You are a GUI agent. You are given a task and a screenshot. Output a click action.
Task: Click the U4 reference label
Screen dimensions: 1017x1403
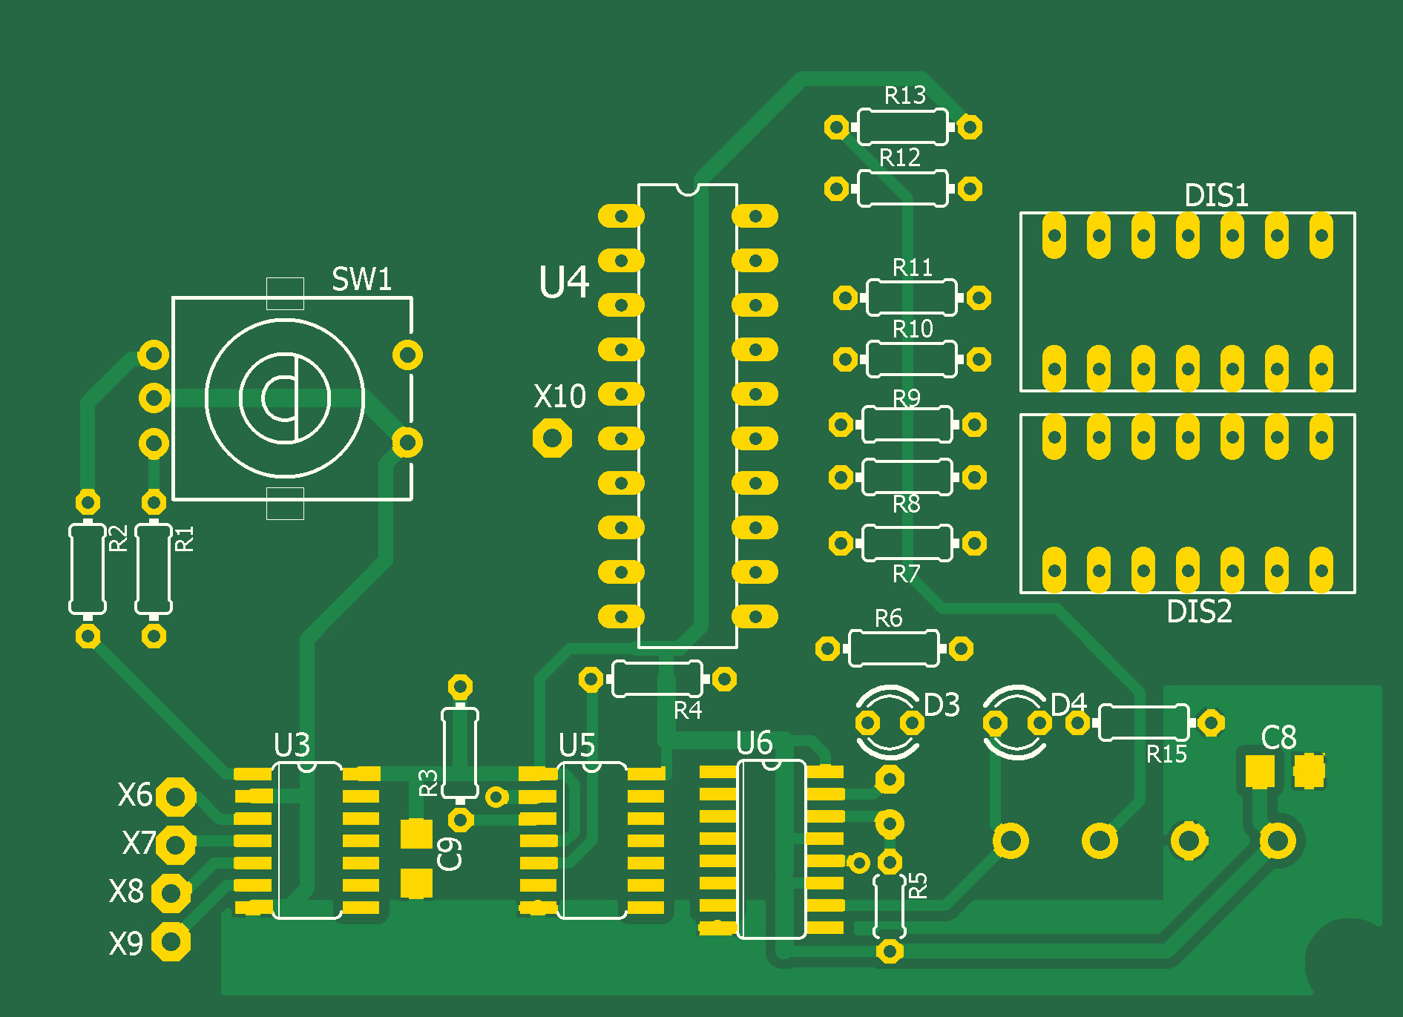point(564,283)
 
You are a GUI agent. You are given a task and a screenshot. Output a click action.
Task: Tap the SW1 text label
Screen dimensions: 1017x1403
point(361,280)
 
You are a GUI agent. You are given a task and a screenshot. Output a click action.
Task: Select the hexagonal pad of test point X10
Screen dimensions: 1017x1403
point(552,438)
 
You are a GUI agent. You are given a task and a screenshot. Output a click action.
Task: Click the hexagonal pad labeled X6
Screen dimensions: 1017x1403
point(176,797)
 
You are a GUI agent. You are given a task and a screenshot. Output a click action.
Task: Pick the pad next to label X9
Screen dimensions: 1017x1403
point(171,942)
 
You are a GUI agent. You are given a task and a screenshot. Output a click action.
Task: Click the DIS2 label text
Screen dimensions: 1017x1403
point(1199,612)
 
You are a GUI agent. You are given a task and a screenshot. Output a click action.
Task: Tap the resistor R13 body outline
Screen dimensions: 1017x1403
point(902,127)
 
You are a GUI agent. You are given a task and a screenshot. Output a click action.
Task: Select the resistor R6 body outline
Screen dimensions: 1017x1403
point(893,649)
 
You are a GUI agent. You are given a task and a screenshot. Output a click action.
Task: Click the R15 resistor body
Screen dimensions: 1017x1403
point(1143,723)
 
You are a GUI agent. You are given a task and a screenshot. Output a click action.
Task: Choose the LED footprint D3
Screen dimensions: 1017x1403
point(889,723)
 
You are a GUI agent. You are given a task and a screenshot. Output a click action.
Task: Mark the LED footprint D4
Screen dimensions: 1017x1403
point(1016,723)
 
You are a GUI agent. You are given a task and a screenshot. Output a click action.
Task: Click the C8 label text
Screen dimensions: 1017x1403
point(1278,737)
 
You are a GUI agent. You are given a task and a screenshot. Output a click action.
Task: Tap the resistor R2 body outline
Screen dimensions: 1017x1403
point(88,569)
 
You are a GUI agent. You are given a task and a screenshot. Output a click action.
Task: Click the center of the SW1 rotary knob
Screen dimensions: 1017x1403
point(285,398)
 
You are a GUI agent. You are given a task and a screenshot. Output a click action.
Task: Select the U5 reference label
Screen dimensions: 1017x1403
point(576,746)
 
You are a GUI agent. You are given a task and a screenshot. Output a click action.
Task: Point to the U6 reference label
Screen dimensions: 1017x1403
point(755,743)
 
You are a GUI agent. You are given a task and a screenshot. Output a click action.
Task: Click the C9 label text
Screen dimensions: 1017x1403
point(450,853)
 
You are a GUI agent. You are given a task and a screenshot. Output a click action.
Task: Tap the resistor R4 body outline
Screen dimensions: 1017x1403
point(657,679)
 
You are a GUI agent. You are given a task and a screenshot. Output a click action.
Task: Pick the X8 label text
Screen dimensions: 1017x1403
point(126,891)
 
